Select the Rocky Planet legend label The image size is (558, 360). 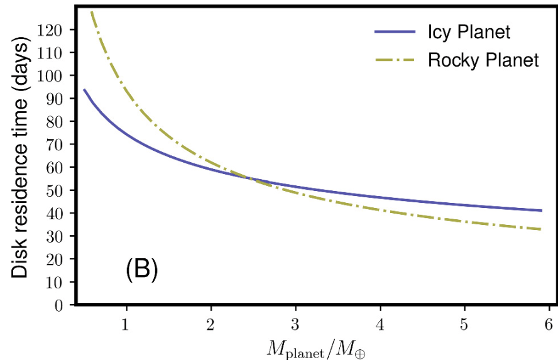point(483,60)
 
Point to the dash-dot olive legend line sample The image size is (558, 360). point(394,60)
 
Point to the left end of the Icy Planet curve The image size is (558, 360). point(84,89)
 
